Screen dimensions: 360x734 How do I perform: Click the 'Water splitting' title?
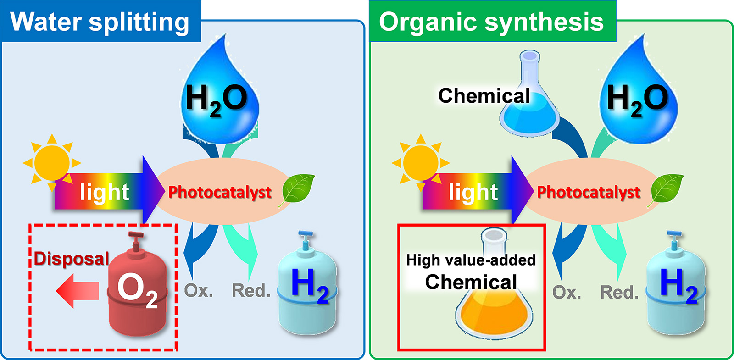(100, 22)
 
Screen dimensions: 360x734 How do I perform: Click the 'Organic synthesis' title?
(491, 22)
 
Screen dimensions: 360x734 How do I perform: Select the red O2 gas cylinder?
(137, 294)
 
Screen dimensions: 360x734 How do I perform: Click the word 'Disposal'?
(71, 259)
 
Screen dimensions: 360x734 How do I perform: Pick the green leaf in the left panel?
(298, 188)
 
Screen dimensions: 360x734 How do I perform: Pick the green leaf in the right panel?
(667, 188)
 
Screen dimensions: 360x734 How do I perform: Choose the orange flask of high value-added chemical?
(494, 312)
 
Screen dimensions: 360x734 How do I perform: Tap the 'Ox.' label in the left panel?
(198, 291)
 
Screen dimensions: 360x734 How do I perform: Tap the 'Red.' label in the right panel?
(619, 292)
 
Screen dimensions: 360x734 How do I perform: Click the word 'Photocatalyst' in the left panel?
(220, 192)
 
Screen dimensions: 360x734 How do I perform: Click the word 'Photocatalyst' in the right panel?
(589, 192)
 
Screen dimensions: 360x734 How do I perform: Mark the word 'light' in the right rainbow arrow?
(473, 192)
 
